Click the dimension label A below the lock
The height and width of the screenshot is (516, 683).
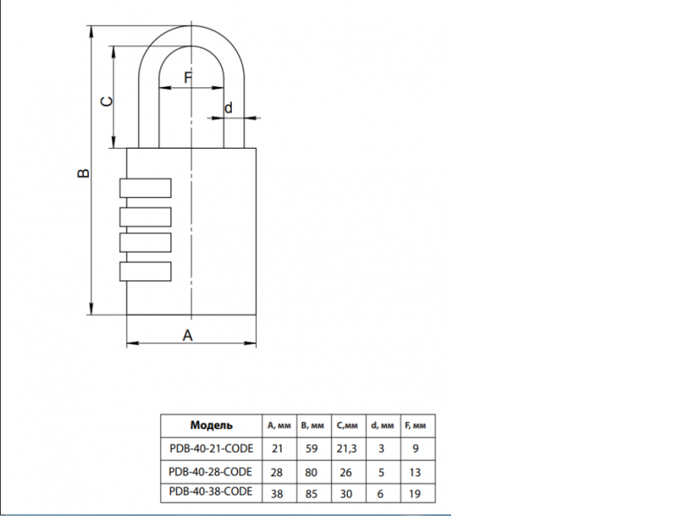(188, 335)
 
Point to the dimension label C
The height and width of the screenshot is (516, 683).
(105, 101)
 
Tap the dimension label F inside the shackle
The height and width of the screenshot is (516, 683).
(188, 78)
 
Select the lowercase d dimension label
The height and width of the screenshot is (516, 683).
(228, 108)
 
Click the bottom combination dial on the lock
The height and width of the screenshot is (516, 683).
(145, 272)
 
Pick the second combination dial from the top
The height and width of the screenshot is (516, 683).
(145, 216)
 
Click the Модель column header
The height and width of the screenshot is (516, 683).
(211, 426)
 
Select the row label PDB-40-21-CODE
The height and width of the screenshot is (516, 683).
(211, 448)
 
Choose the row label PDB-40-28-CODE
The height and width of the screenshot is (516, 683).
(211, 471)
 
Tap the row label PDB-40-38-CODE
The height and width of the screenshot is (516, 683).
(211, 492)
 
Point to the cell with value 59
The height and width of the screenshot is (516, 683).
(311, 448)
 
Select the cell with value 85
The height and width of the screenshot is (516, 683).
(311, 492)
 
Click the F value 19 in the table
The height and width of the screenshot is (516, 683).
(415, 492)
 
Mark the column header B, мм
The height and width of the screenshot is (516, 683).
(311, 426)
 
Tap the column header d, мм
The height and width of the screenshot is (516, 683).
(382, 426)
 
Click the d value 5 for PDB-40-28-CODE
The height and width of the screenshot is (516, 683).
(382, 471)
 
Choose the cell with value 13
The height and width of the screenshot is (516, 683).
(415, 471)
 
